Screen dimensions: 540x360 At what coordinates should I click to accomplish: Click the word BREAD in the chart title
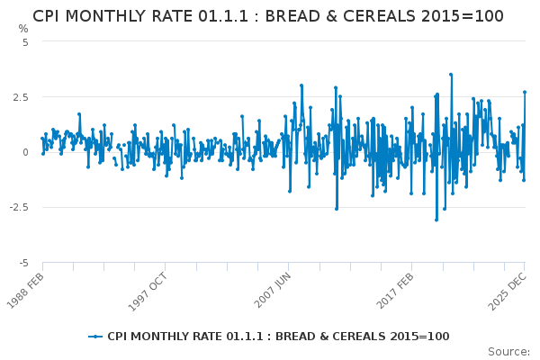(x=292, y=16)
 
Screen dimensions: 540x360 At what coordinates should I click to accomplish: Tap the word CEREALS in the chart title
(x=379, y=16)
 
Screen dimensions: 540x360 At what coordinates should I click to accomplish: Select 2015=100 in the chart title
(x=463, y=16)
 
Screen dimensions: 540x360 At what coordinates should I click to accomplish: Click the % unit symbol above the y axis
(x=23, y=29)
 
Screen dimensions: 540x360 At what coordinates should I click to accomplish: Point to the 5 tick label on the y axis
(x=25, y=42)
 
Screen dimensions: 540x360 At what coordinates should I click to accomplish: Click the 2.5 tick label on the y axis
(x=21, y=97)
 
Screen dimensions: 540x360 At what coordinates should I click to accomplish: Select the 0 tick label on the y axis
(x=25, y=152)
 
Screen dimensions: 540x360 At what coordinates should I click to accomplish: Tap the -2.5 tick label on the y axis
(x=19, y=207)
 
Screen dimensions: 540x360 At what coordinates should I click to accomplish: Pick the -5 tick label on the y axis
(x=23, y=264)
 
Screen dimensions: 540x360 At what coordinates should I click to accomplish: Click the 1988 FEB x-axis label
(x=25, y=290)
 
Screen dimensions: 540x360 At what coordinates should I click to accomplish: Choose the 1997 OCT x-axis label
(x=148, y=292)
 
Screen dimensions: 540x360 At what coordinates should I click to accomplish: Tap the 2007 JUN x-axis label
(x=272, y=290)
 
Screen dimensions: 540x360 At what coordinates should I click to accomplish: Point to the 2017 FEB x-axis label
(x=395, y=291)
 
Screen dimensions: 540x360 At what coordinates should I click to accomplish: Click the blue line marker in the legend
(x=95, y=337)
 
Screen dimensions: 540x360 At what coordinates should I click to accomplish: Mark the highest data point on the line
(x=451, y=75)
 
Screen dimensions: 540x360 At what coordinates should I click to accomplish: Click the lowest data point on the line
(x=436, y=220)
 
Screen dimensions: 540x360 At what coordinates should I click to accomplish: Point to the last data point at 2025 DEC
(x=525, y=92)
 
